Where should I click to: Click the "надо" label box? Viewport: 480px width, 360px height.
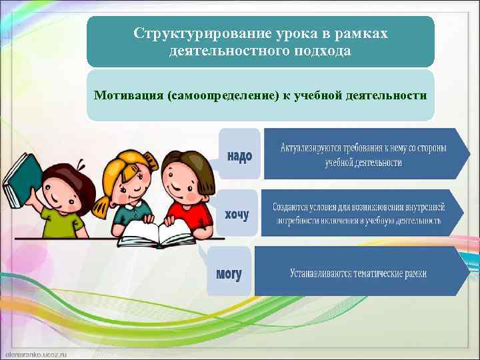click(x=239, y=155)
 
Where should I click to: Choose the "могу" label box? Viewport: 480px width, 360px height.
click(x=229, y=271)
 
